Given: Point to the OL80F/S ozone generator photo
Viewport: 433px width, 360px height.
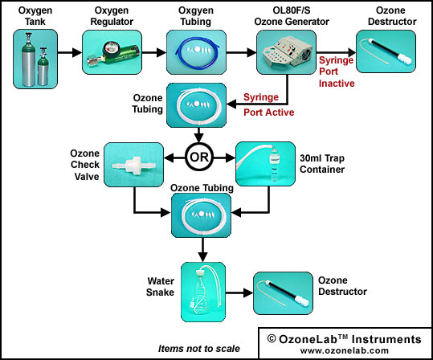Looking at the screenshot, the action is point(286,52).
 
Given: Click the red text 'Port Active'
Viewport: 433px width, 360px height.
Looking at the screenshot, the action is point(268,112).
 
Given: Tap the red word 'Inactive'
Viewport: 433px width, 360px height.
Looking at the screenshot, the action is point(337,83).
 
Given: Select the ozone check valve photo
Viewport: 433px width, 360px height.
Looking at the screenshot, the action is point(133,165).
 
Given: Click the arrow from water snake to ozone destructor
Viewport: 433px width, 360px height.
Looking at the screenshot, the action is point(239,292).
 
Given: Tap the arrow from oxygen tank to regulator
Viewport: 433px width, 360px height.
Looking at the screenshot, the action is point(70,52).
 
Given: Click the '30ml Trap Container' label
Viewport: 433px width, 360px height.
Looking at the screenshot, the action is point(322,164).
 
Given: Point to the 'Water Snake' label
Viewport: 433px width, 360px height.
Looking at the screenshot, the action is point(161,287).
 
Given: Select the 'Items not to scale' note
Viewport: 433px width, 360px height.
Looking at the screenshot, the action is point(199,349).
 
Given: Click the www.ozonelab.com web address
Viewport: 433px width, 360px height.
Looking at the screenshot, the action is point(345,350).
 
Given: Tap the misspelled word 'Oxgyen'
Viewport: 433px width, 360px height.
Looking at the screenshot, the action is point(196,10).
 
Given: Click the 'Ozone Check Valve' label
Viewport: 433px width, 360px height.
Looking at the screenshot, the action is point(85,165).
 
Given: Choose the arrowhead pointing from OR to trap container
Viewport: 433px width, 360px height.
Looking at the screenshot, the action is point(231,158).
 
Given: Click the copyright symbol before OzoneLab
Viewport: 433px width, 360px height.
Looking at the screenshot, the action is point(272,338).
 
